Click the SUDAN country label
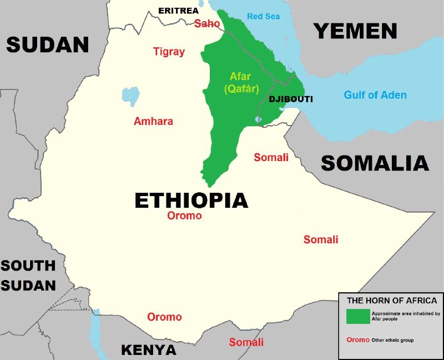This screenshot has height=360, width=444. pos(47,44)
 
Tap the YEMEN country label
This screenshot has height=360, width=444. pos(356,31)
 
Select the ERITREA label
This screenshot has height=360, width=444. pos(178,11)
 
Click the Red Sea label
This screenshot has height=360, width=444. pos(263,16)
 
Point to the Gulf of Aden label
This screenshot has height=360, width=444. pos(375,95)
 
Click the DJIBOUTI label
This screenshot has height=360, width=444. pos(291,99)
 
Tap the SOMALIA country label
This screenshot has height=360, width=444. pos(375,163)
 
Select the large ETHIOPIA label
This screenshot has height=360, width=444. pos(191,200)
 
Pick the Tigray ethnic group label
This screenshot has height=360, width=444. pos(169,52)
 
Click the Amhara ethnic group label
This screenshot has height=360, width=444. pos(153,121)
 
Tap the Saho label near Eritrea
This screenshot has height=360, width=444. pos(207,24)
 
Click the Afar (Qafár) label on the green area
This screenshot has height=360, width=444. pos(241,82)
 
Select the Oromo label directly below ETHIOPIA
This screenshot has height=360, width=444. pos(184,216)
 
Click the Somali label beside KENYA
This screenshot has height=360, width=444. pos(246,342)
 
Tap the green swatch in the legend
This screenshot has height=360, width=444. pos(357,316)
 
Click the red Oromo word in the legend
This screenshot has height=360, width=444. pos(357,339)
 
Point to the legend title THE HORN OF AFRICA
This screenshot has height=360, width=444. pos(388,301)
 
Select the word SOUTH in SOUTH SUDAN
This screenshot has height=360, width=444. pos(28,266)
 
